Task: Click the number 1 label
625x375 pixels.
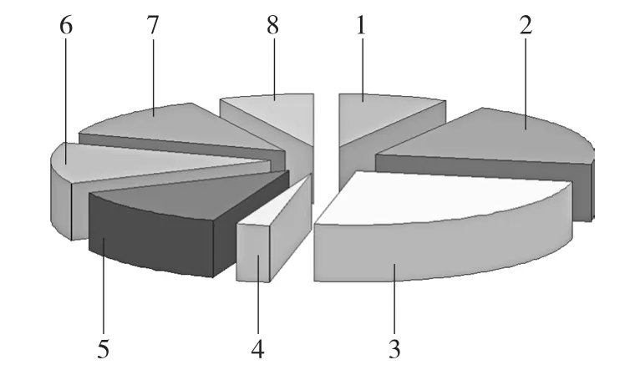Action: coord(361,26)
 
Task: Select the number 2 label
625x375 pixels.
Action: coord(526,26)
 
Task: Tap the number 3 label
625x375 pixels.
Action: coord(394,349)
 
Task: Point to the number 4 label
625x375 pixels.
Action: coord(258,349)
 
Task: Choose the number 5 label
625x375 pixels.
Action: coord(104,349)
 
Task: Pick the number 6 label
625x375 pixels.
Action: coord(66,26)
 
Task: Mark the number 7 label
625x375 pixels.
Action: coord(153,26)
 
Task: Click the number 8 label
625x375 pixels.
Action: coord(272,26)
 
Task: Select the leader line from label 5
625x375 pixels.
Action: coord(104,286)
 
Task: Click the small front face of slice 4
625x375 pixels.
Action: coord(253,253)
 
